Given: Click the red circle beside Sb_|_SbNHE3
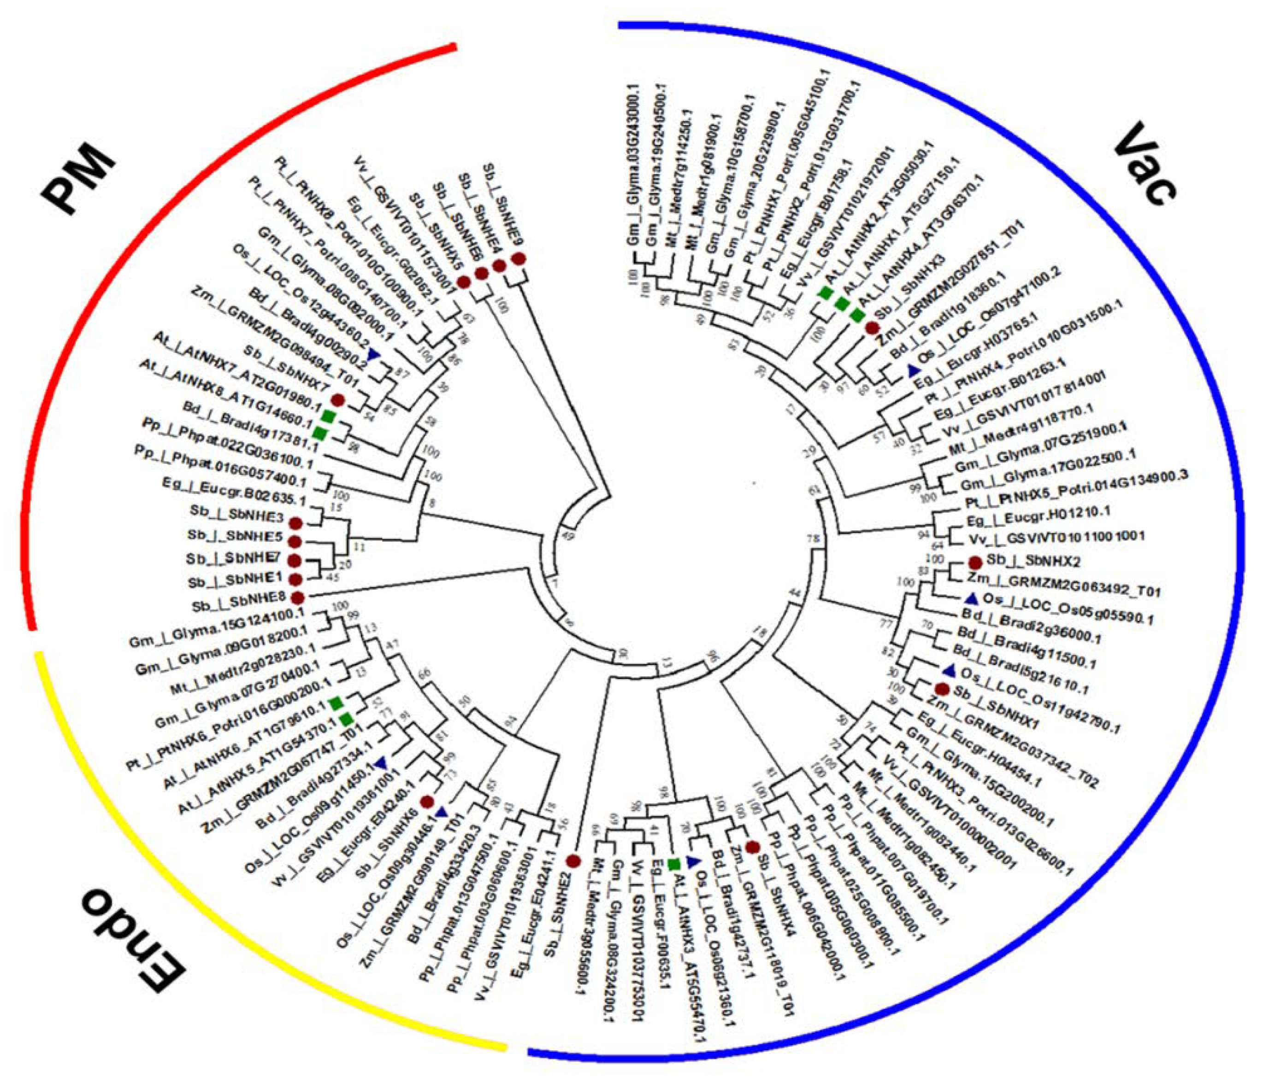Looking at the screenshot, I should pos(295,523).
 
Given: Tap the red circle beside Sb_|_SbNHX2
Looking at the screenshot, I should pos(975,562).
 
